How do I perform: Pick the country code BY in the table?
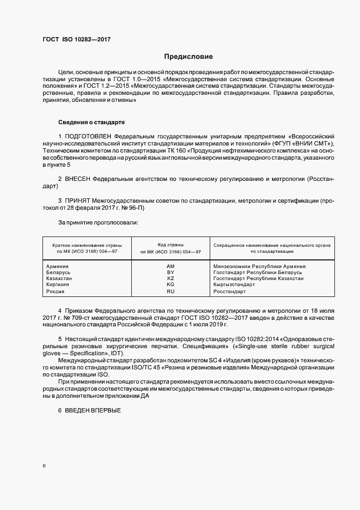(x=170, y=272)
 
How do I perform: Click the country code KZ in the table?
(x=170, y=278)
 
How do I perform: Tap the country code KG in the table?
(x=170, y=284)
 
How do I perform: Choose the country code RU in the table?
(x=170, y=292)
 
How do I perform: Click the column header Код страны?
(x=170, y=245)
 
